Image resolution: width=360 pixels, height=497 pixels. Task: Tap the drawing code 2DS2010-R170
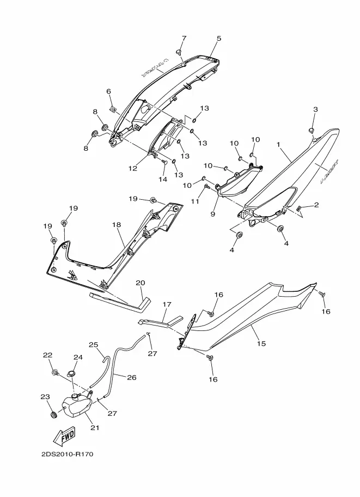68,453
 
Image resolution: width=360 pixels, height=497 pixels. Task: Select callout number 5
219,39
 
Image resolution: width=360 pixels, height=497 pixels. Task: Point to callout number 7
184,38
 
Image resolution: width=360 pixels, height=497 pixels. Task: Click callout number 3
315,109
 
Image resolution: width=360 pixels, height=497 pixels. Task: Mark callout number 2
316,205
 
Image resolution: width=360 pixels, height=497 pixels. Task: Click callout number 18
116,224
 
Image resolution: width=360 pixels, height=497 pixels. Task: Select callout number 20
140,283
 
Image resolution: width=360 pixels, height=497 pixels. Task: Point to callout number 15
261,343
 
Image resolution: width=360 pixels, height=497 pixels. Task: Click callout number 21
95,427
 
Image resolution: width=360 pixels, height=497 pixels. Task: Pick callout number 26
132,377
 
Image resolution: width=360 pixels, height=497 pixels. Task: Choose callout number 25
93,345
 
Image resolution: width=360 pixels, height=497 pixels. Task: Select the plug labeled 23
53,416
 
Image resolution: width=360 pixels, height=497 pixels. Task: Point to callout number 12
133,168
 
